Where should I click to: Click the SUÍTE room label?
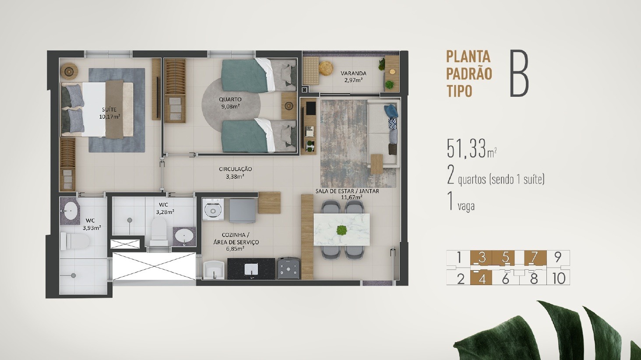(x=109, y=109)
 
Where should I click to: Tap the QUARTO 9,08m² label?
(x=230, y=103)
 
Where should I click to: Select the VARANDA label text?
(x=353, y=74)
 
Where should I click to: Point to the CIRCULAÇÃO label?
(x=235, y=169)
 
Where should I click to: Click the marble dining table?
(x=342, y=229)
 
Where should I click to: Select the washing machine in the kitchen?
(x=213, y=209)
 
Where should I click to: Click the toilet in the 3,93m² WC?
(x=75, y=241)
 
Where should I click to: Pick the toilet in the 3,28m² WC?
(x=158, y=231)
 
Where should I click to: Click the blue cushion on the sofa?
(x=391, y=111)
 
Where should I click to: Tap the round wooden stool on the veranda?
(x=326, y=69)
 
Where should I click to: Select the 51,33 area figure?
(x=467, y=148)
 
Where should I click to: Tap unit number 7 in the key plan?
(x=534, y=257)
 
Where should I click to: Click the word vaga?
(x=466, y=206)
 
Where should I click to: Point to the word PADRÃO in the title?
(x=469, y=74)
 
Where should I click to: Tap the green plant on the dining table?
(x=342, y=229)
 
